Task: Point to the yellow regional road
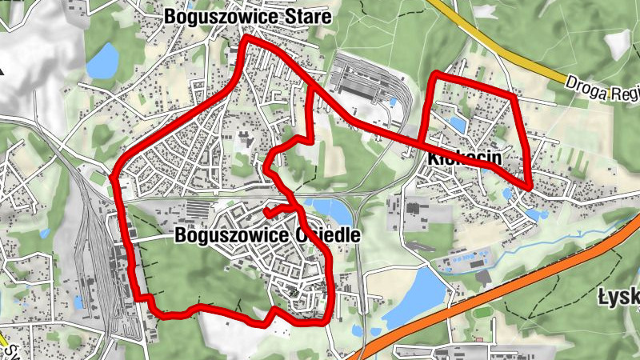point(512,60)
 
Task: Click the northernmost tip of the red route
point(248,38)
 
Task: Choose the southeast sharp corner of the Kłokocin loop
point(530,189)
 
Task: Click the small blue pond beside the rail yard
point(78,302)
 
